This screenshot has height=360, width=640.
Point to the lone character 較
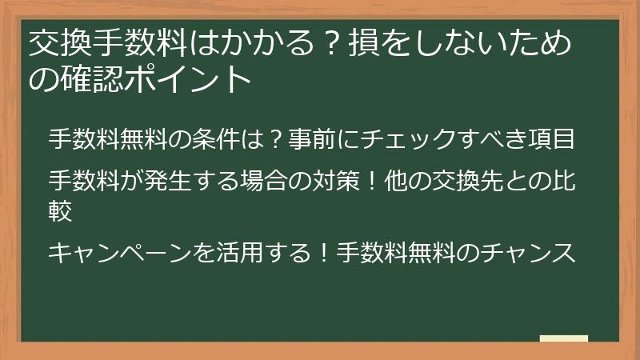(x=61, y=210)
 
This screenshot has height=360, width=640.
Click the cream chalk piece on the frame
(x=564, y=339)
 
